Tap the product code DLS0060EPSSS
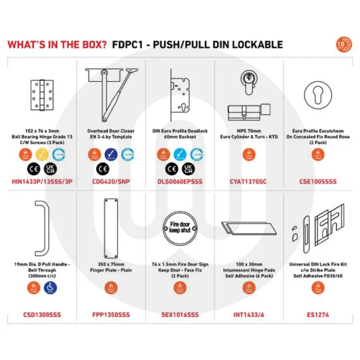[179, 177]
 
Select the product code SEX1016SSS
[179, 315]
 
